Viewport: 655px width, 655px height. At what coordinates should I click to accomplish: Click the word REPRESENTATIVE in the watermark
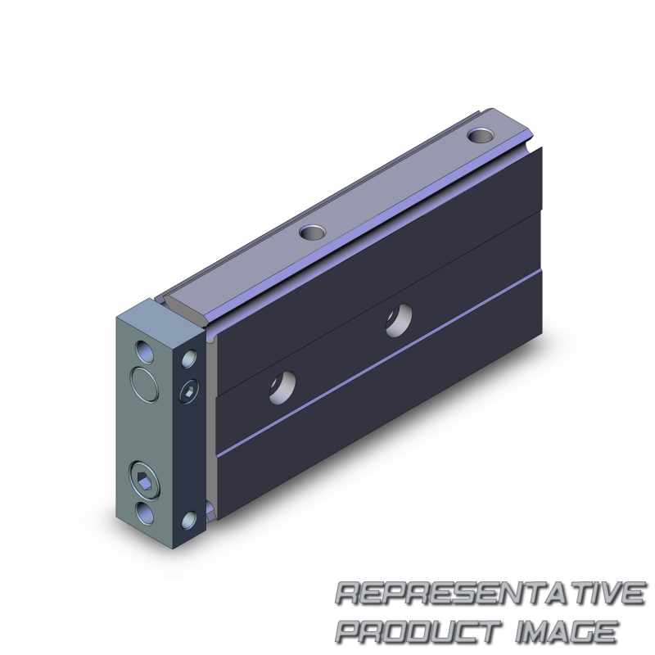490,594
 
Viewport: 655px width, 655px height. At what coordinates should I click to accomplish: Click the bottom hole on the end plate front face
142,510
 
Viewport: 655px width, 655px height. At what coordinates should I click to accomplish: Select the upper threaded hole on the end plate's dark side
189,357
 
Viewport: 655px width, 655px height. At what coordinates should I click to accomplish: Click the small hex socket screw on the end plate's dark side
189,392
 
